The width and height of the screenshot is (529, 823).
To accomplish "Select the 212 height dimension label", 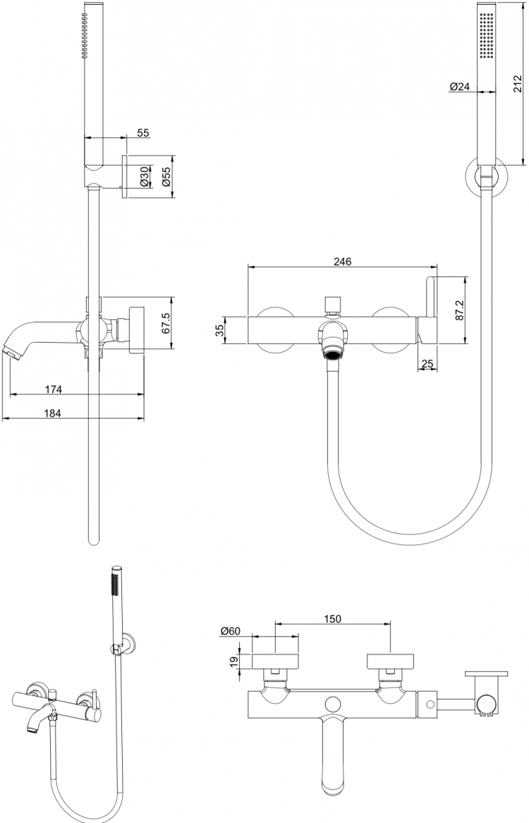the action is click(x=517, y=84).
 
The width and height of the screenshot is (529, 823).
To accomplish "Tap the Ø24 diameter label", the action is click(x=460, y=87).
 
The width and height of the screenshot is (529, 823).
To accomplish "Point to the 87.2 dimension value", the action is click(x=459, y=311).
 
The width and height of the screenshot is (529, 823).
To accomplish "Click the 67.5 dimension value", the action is click(x=165, y=323).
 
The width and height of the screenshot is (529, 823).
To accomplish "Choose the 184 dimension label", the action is click(x=52, y=413).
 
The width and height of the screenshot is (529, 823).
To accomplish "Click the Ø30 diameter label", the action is click(x=144, y=177).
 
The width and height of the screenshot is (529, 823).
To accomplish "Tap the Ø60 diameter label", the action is click(x=231, y=631).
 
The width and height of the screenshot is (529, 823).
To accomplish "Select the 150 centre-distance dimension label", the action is click(x=332, y=618).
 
